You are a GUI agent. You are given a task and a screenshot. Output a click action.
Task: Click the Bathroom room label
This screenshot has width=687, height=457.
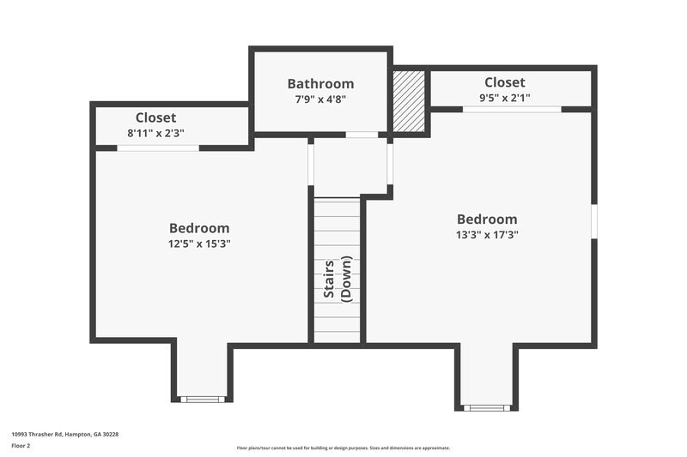point(320,83)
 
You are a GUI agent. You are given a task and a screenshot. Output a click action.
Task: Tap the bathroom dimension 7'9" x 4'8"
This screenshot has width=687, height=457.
point(320,99)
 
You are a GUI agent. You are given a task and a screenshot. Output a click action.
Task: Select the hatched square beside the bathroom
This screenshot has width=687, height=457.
point(409,101)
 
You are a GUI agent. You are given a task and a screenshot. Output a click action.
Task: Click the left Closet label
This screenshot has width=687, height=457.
point(155,117)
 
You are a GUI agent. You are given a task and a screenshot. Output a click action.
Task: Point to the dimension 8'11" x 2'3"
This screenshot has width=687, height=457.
point(155,133)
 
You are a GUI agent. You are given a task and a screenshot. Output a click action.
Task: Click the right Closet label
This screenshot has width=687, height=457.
point(504,82)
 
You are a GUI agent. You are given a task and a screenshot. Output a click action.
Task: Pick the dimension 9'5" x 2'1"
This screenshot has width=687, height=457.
point(504,98)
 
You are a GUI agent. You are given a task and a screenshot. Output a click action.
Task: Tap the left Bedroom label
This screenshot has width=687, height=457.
point(199,228)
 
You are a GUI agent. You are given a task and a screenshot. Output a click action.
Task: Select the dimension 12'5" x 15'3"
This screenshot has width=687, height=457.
point(199,244)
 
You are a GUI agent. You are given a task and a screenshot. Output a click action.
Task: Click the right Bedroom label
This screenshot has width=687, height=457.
point(487,219)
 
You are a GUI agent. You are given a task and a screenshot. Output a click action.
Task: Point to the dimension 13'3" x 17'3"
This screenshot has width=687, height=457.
point(487,234)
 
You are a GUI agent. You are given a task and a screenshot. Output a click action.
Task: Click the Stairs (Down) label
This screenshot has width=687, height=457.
point(337,278)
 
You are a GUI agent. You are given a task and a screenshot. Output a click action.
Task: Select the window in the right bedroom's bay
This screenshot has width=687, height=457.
point(487,407)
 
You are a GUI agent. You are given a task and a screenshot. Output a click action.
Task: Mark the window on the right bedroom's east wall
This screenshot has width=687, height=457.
point(593,220)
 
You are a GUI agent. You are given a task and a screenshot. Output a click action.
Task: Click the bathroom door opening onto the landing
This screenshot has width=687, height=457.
point(362,135)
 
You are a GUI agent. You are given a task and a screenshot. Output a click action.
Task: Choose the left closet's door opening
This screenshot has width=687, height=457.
point(158,148)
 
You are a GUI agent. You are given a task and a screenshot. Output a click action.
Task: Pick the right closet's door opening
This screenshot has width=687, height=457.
point(513,110)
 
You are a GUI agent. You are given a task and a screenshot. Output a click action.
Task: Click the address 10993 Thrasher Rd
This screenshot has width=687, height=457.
point(64,435)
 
